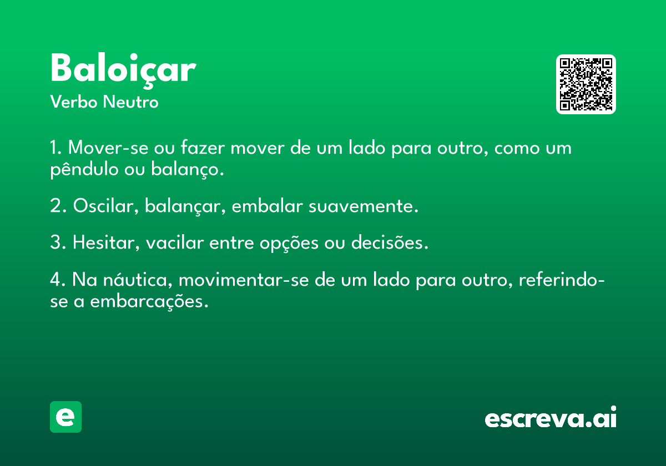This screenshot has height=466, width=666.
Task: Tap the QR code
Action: (586, 84)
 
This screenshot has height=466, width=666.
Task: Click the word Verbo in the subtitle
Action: (74, 102)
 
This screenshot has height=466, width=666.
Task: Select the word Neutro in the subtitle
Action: (130, 102)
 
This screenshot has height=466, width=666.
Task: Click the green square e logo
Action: (65, 417)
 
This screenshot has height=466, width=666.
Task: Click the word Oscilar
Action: (106, 206)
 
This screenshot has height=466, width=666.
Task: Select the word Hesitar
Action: (106, 242)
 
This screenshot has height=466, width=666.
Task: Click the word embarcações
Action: (149, 301)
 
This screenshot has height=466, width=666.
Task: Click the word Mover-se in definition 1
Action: (108, 148)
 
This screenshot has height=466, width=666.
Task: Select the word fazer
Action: (203, 147)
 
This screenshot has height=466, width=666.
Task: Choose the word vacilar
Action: (175, 242)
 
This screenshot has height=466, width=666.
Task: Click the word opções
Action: (289, 243)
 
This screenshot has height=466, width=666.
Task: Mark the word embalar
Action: (268, 205)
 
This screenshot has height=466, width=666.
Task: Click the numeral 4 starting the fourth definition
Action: (56, 280)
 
